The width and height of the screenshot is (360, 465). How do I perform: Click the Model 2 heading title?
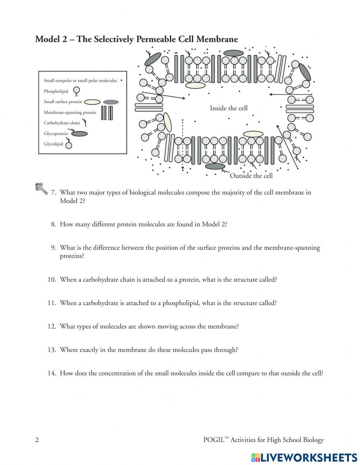pos(136,39)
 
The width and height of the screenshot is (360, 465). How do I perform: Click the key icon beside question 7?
pos(41,188)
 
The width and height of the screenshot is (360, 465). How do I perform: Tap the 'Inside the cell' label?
pos(229,108)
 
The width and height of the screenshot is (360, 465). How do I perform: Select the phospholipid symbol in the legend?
pos(76,91)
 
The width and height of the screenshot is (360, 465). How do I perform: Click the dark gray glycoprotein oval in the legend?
pos(79,134)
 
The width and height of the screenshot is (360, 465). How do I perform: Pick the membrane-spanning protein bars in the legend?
pos(107,113)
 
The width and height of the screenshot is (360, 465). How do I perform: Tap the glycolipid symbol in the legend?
pos(68,145)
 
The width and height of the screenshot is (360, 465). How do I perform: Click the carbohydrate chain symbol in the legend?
pos(85,123)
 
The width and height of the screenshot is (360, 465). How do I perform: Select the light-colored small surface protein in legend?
pos(92,102)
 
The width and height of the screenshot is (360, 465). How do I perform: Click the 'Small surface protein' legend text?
pos(63,102)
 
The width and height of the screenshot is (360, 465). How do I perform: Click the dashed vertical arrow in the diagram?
pos(183,144)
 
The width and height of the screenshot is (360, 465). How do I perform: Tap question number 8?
pos(53,224)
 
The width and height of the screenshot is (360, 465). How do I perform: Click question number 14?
pos(52,373)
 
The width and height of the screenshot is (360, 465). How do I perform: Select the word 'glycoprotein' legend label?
pos(56,134)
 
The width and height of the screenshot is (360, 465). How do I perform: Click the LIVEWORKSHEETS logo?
pos(304,457)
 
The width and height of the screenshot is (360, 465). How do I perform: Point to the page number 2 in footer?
pos(37,440)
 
